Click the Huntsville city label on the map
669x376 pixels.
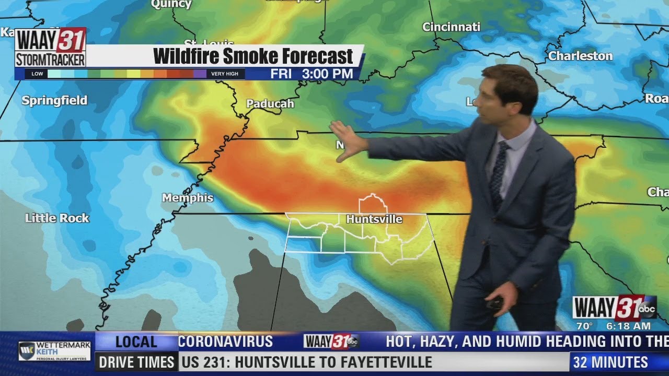point(374,219)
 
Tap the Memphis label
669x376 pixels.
point(188,198)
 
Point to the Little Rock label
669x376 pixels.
point(57,218)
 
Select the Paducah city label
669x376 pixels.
point(270,104)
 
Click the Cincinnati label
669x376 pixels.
point(451,27)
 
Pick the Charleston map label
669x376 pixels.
point(580,56)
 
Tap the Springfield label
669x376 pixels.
point(54,101)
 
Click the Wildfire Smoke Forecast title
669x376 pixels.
point(253,56)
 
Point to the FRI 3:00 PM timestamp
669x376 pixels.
point(312,74)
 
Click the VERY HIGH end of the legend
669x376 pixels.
point(225,74)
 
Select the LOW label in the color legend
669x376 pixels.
point(38,74)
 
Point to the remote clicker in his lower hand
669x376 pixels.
point(494,302)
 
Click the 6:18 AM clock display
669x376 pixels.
point(628,326)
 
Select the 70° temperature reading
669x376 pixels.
point(584,326)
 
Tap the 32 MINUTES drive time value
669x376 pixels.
point(610,362)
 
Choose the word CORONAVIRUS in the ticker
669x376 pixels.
point(226,342)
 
